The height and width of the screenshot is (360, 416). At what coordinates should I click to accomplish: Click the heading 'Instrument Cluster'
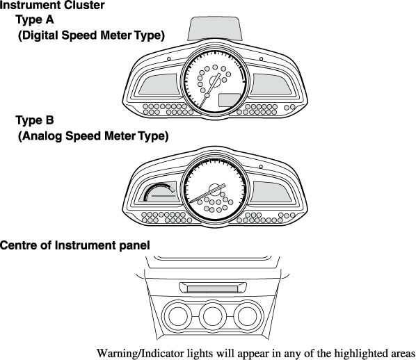(52, 5)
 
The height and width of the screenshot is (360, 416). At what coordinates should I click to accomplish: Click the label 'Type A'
(35, 20)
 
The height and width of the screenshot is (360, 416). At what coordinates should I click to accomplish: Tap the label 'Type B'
(35, 120)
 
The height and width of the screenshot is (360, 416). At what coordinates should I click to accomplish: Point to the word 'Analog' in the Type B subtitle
(42, 136)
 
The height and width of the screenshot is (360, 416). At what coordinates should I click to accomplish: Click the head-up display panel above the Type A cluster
(215, 28)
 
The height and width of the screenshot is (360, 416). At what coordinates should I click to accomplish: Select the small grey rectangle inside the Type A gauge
(230, 100)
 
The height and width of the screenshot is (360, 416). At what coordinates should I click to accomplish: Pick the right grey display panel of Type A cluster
(271, 84)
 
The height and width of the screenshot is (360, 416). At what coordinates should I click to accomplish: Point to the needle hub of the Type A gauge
(215, 81)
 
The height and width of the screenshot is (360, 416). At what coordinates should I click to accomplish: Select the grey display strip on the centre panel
(212, 288)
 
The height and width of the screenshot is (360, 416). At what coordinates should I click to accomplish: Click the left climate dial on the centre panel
(177, 316)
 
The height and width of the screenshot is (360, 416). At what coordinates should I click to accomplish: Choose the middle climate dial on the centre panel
(212, 316)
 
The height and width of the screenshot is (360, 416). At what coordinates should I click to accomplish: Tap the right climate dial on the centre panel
(247, 316)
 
